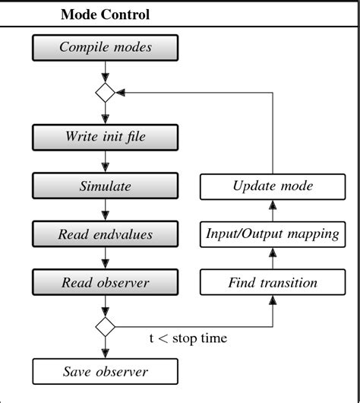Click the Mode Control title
[x=105, y=14]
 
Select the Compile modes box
[x=105, y=48]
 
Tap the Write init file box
[x=105, y=138]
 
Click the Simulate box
[x=105, y=186]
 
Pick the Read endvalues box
[x=105, y=234]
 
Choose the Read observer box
[x=105, y=283]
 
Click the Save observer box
[x=105, y=372]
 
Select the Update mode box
[x=273, y=186]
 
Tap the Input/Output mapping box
[x=273, y=234]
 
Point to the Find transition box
[x=273, y=283]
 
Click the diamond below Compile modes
[x=105, y=92]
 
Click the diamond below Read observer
[x=105, y=327]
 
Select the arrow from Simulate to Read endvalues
[x=105, y=211]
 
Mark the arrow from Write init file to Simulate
[x=105, y=163]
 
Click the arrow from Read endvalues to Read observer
[x=105, y=259]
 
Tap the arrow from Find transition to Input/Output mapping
[x=273, y=259]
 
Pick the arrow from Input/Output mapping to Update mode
[x=273, y=211]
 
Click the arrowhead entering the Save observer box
[x=105, y=354]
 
